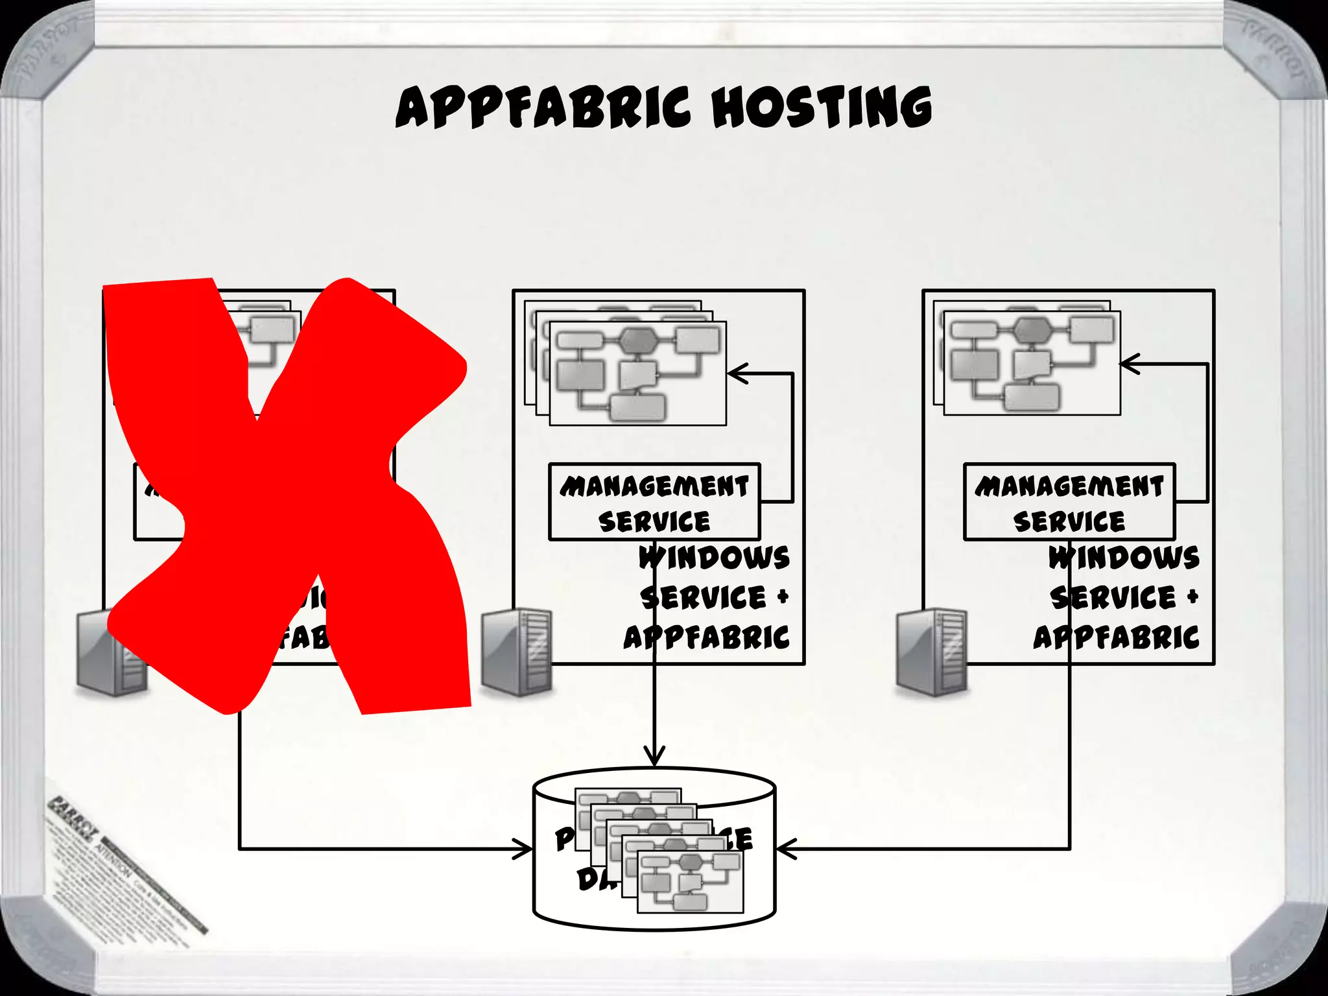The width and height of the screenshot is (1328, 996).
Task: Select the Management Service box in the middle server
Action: [x=654, y=502]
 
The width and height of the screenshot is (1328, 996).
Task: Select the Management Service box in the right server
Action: [x=1069, y=502]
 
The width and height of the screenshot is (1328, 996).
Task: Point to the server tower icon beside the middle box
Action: [x=517, y=652]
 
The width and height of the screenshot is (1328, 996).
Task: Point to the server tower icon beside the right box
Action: [x=932, y=652]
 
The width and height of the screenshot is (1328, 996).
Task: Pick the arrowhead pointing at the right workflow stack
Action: [x=1129, y=364]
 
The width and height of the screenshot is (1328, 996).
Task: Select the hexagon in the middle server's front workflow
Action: [x=638, y=340]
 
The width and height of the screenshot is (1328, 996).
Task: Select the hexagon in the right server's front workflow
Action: [x=1032, y=330]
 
